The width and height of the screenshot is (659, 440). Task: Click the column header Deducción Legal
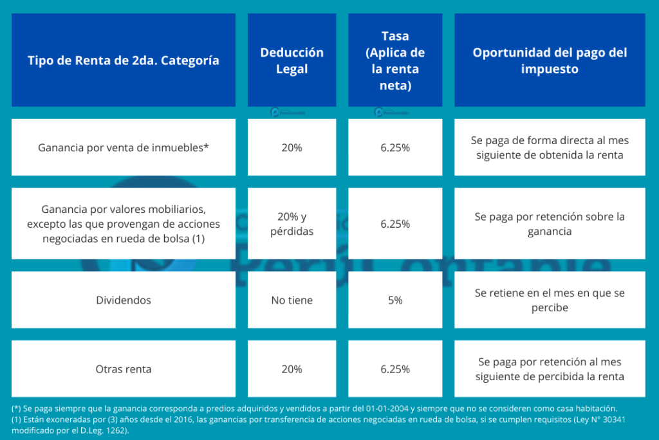pyautogui.click(x=292, y=60)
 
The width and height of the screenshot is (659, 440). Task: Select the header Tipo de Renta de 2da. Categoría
pyautogui.click(x=124, y=60)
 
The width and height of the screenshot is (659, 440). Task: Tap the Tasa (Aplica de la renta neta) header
pyautogui.click(x=395, y=60)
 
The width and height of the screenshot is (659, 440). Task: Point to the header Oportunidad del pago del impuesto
pyautogui.click(x=550, y=60)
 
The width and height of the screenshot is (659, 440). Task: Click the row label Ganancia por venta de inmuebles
pyautogui.click(x=124, y=147)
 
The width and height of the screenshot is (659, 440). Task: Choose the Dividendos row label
pyautogui.click(x=124, y=300)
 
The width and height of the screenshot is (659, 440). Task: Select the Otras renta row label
pyautogui.click(x=124, y=369)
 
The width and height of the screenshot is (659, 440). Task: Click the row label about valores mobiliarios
pyautogui.click(x=124, y=224)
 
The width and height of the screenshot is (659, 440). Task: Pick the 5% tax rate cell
pyautogui.click(x=395, y=300)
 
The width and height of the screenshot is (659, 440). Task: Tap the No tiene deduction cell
pyautogui.click(x=292, y=300)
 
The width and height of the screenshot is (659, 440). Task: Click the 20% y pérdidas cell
pyautogui.click(x=292, y=224)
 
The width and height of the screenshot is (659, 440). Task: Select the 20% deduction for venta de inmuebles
pyautogui.click(x=292, y=147)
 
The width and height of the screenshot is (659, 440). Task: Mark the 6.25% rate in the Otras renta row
pyautogui.click(x=395, y=369)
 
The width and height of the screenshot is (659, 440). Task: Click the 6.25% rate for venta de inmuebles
pyautogui.click(x=395, y=147)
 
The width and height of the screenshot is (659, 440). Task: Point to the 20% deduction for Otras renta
pyautogui.click(x=292, y=369)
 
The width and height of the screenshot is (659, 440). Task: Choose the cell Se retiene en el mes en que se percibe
pyautogui.click(x=550, y=300)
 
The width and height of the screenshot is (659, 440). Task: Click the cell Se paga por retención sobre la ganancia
pyautogui.click(x=550, y=224)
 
